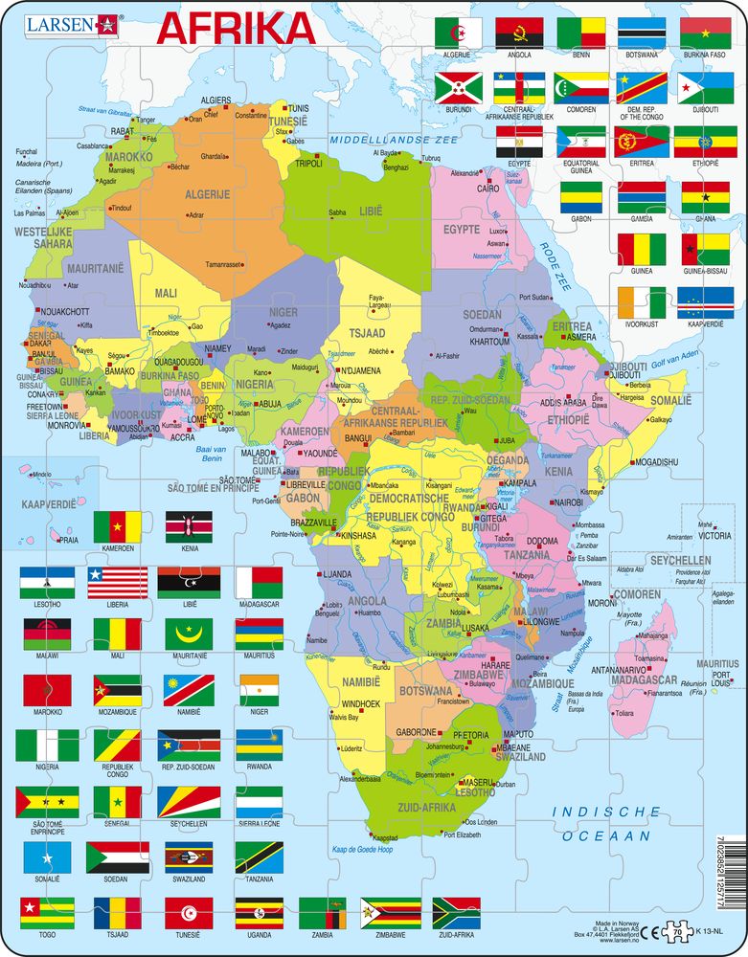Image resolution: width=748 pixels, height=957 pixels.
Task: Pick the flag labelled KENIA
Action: pyautogui.click(x=189, y=527)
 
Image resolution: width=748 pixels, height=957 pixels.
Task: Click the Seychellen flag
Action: pyautogui.click(x=189, y=800)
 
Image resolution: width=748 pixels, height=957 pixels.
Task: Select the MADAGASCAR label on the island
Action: pyautogui.click(x=643, y=679)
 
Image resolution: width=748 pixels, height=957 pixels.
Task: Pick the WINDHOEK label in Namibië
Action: pyautogui.click(x=362, y=704)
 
